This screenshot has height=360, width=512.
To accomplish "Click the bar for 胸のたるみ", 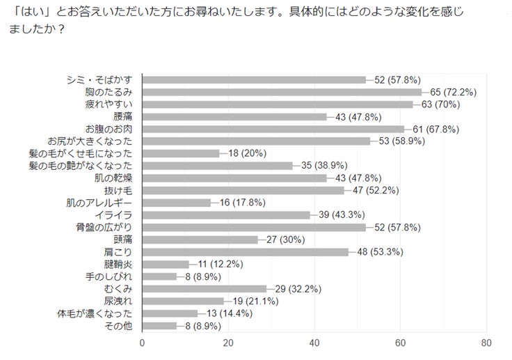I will pyautogui.click(x=282, y=92).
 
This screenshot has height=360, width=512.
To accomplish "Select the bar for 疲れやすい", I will pyautogui.click(x=278, y=104).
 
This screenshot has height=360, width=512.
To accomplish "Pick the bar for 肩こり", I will pyautogui.click(x=245, y=252).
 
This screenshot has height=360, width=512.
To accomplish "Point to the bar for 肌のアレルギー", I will pyautogui.click(x=177, y=203).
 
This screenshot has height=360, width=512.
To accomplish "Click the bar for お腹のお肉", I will pyautogui.click(x=273, y=129).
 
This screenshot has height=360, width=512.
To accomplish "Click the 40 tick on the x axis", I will pyautogui.click(x=314, y=343).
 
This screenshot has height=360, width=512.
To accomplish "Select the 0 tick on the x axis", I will pyautogui.click(x=143, y=343).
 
